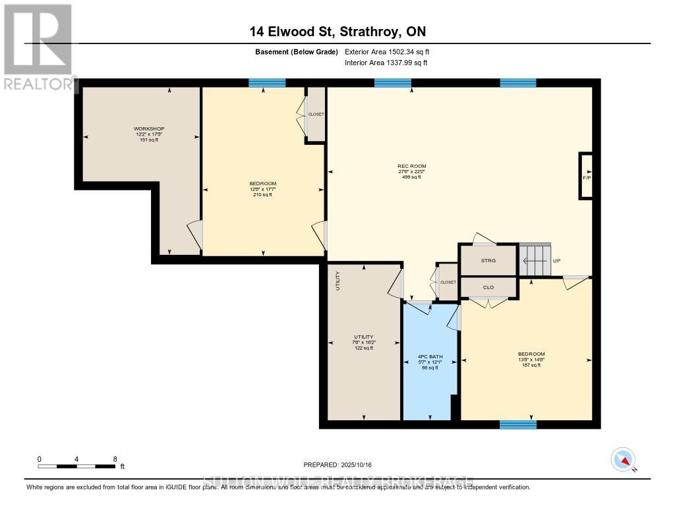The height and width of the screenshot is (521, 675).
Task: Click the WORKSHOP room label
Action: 149,128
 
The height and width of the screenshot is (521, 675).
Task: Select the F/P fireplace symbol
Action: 585,176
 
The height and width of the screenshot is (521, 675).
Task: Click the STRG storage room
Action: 488,260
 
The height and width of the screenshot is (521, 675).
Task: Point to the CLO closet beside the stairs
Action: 488,287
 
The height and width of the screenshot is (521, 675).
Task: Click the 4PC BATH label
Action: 430,357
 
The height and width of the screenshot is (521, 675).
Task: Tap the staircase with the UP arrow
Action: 534,260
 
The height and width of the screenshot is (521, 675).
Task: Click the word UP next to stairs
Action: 556,261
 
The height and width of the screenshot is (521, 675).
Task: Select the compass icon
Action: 622,459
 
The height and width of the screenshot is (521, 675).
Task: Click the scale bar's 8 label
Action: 115,459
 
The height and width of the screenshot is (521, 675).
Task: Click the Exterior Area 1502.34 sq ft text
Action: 387,51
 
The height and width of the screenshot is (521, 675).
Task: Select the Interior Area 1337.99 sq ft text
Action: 386,63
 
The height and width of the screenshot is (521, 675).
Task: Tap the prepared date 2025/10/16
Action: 337,465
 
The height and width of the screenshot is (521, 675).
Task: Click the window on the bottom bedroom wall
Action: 517,424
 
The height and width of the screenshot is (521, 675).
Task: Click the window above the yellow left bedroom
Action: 267,83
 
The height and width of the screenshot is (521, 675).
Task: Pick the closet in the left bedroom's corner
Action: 316,114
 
